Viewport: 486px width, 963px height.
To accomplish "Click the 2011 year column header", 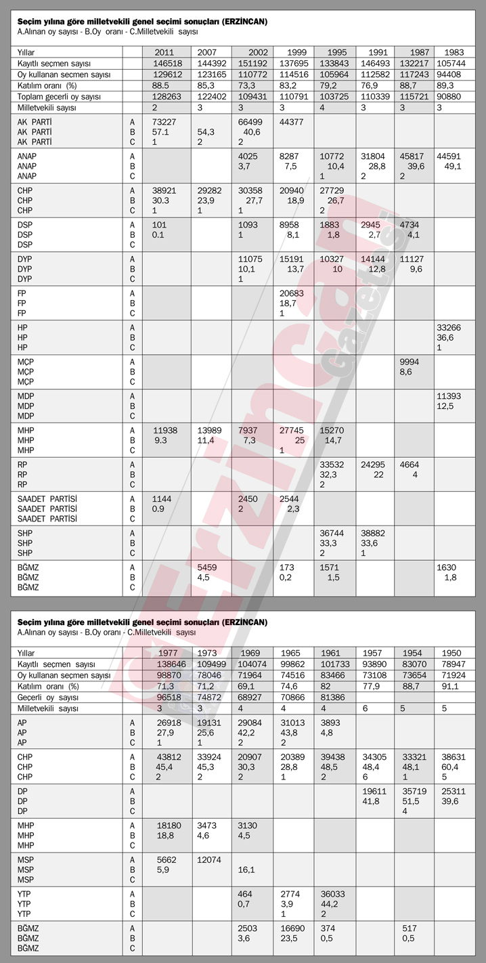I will tap(167, 52).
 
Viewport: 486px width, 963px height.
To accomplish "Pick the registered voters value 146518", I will tap(167, 63).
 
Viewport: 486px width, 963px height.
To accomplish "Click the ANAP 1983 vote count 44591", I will tap(448, 156).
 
